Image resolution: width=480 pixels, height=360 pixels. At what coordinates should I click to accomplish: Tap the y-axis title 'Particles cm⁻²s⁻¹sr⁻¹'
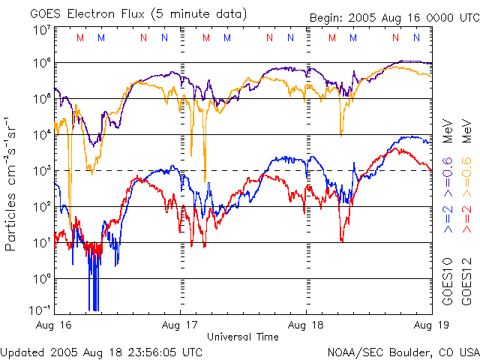coord(12,183)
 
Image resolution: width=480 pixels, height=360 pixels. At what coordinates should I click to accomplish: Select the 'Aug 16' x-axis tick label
coord(53,325)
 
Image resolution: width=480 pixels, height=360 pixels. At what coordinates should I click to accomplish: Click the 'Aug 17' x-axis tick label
coord(180,325)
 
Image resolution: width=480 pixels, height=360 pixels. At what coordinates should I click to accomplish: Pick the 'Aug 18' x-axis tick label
coord(307,325)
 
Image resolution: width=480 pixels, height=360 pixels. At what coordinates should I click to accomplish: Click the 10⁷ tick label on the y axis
coord(40,29)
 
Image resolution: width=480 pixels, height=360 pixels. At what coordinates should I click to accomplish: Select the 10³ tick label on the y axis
coord(40,170)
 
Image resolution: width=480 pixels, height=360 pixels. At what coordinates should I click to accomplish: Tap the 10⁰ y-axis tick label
coord(40,277)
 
